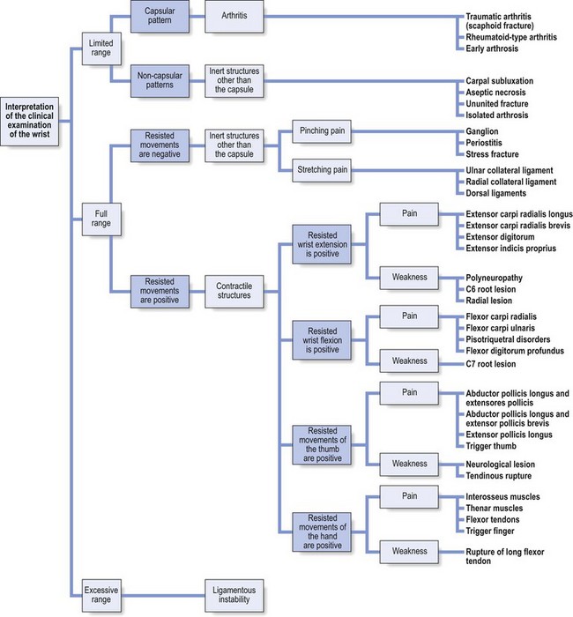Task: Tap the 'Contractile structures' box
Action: point(234,291)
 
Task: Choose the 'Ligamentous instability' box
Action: point(234,591)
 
